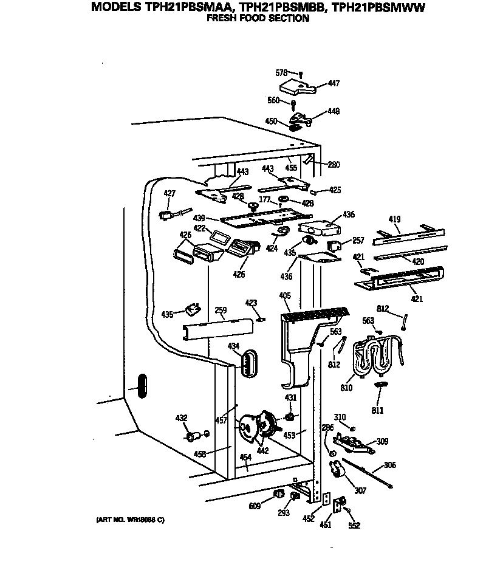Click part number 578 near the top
[x=281, y=72]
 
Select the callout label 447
[x=334, y=84]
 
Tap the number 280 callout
[x=334, y=164]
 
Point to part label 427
[x=169, y=193]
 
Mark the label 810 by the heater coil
[x=346, y=386]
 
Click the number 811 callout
[x=378, y=410]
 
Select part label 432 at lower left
[x=181, y=418]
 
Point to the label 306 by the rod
[x=390, y=465]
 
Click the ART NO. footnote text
[x=130, y=520]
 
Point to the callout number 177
[x=264, y=199]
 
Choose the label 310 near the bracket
[x=340, y=417]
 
